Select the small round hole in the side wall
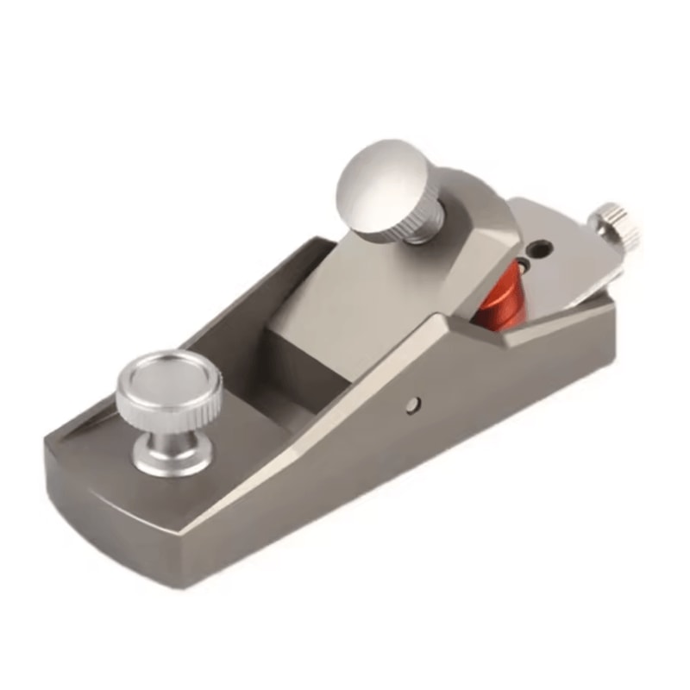tap(415, 403)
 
